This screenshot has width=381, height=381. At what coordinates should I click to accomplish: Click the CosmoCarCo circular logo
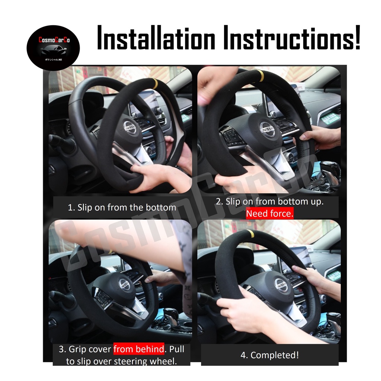tap(53, 47)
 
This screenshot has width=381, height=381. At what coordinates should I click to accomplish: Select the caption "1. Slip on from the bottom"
tap(122, 208)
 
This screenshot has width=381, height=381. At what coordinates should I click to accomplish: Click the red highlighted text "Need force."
tap(270, 214)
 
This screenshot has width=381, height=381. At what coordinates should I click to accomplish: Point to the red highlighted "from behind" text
tap(139, 349)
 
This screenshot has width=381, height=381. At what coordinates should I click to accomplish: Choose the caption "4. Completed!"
tap(269, 355)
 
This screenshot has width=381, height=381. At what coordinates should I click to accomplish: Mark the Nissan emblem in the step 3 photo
tap(125, 284)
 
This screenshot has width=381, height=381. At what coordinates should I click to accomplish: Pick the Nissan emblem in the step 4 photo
tap(282, 285)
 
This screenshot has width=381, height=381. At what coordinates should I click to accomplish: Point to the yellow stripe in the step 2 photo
tap(261, 75)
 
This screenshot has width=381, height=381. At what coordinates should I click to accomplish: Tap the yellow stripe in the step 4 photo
tap(254, 234)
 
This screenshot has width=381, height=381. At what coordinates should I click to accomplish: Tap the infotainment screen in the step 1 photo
tap(148, 101)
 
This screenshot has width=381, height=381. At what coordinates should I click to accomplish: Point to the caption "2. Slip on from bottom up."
tap(269, 202)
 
